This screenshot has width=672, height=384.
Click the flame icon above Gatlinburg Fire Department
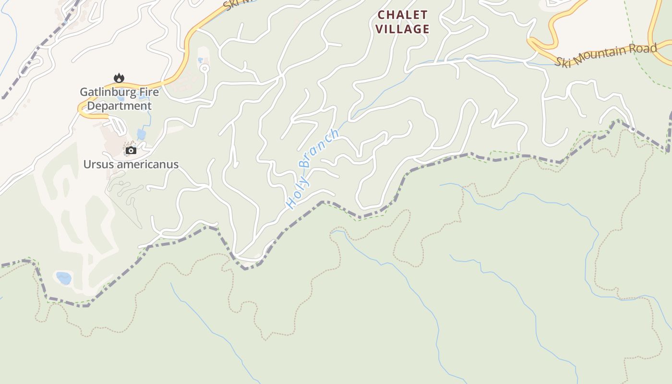[x=119, y=78]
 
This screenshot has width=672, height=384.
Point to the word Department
[x=119, y=106]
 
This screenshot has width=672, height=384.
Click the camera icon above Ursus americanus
[x=131, y=151]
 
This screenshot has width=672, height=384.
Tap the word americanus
[x=147, y=164]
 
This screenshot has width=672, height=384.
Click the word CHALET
[x=402, y=14]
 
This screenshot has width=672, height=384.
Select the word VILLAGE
[x=402, y=29]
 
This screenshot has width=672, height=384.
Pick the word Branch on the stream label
[x=320, y=149]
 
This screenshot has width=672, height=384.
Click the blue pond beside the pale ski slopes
[x=63, y=278]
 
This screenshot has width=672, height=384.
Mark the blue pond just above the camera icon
[x=141, y=134]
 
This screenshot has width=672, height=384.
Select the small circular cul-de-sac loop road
[x=204, y=69]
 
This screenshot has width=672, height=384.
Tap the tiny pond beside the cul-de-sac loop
[x=200, y=60]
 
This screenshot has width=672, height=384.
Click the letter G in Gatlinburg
[x=84, y=92]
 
